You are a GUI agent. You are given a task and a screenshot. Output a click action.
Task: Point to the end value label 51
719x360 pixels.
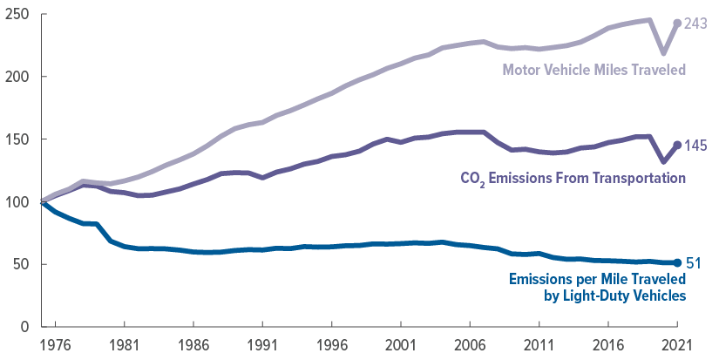click(x=695, y=262)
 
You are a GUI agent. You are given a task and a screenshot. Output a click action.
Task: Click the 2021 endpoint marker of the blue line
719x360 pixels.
click(x=678, y=262)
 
